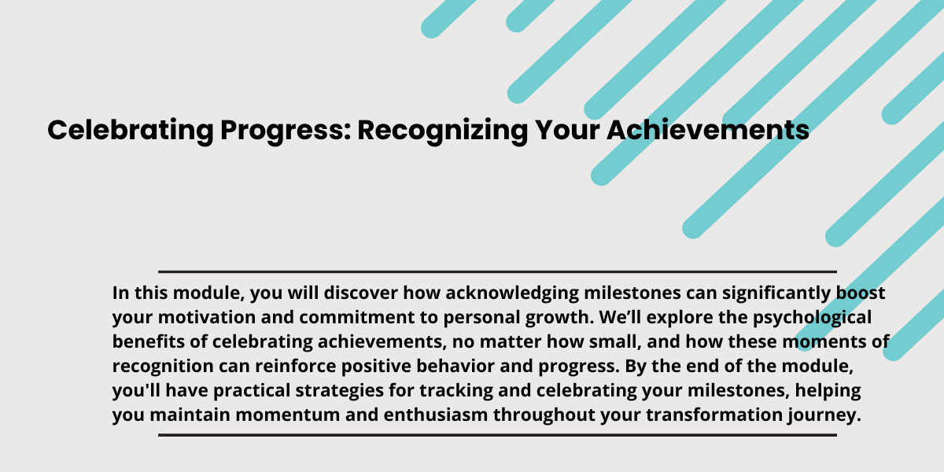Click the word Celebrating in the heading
point(131,131)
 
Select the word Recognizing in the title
point(442,131)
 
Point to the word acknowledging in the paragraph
point(512,293)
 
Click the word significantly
point(776,293)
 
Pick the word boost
point(861,293)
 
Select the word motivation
point(206,317)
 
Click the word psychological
point(812,318)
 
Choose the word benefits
point(149,341)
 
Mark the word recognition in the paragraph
point(163,367)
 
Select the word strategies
point(340,391)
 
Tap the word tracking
point(456,391)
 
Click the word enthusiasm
point(436,415)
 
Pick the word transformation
point(714,415)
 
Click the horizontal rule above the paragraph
point(497,272)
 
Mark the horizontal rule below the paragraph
point(497,435)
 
